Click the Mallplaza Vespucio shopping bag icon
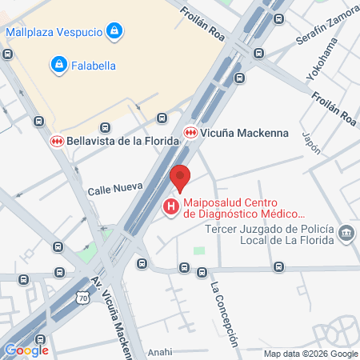115,32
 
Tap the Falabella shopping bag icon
58,63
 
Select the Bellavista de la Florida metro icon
57,141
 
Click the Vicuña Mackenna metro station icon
190,133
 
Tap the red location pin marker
181,178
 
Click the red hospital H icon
170,208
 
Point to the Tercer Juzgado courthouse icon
346,234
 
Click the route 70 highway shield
82,298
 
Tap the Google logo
26,350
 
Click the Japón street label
312,142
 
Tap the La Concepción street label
224,314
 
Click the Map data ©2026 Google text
311,354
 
